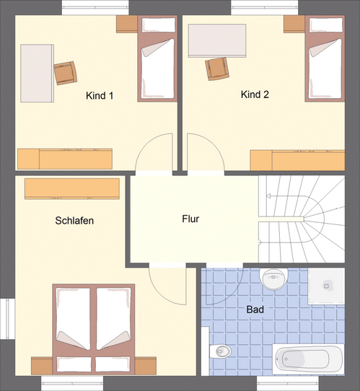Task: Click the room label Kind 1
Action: coord(100,95)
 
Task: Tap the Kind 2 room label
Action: coord(255,95)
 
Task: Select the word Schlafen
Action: coord(74,220)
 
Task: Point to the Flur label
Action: coord(190,219)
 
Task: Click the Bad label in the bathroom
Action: coord(255,309)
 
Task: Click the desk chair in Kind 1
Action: coord(65,71)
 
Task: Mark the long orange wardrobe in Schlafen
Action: coord(71,189)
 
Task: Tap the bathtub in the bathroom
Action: coord(309,359)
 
